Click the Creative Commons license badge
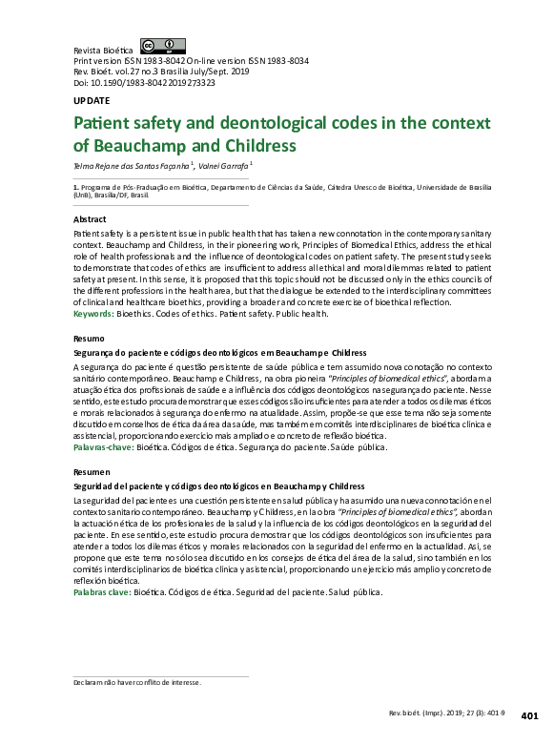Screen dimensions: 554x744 (162, 46)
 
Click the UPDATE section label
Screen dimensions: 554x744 (92, 100)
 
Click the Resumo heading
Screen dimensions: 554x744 (89, 339)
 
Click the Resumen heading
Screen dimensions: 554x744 (92, 472)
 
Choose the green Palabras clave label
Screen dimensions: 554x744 (103, 592)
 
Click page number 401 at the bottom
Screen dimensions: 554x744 (531, 715)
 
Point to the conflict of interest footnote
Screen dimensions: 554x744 (137, 683)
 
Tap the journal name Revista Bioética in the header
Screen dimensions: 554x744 (103, 50)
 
